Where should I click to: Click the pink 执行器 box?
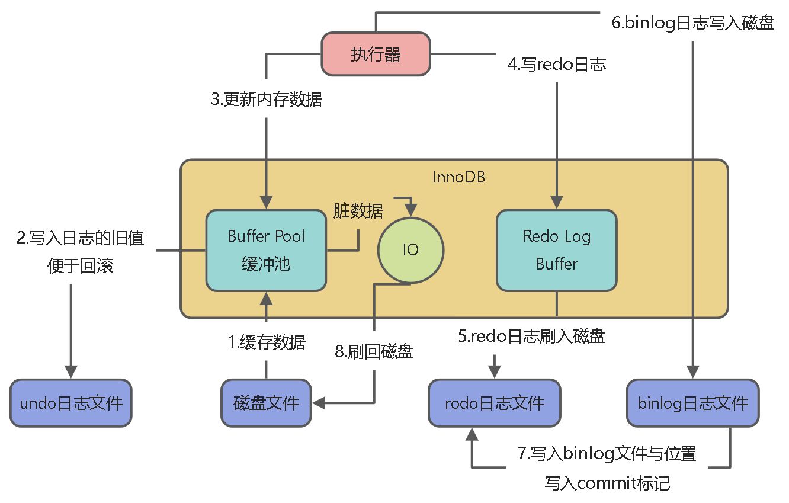(376, 55)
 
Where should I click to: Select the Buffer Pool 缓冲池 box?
(266, 250)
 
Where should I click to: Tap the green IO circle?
(410, 250)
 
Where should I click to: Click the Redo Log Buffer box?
(556, 250)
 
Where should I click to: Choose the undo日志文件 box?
(71, 403)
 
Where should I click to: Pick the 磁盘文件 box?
(266, 403)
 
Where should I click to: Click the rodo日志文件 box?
(494, 403)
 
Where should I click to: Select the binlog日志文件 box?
(692, 403)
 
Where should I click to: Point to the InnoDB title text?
(458, 177)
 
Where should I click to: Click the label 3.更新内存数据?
(267, 100)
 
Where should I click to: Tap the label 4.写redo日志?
(556, 64)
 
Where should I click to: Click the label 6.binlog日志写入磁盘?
(692, 24)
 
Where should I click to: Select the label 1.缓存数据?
(267, 342)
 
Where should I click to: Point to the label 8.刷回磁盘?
(374, 351)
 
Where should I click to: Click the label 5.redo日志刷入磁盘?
(531, 337)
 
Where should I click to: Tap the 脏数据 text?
(358, 210)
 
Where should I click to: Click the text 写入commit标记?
(607, 483)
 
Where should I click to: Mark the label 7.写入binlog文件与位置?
(607, 454)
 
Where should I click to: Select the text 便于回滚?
(80, 266)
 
